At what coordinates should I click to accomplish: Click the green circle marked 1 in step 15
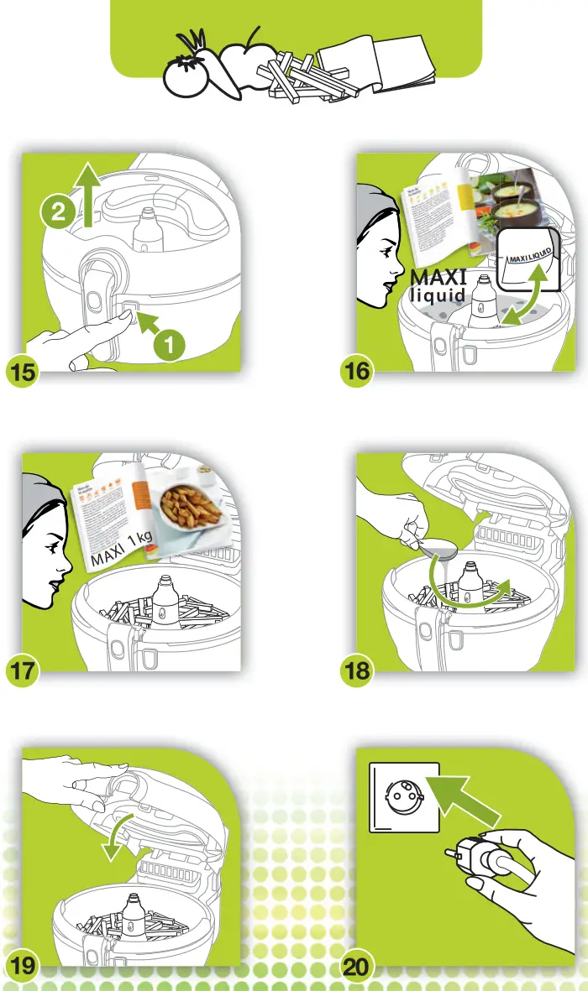click(169, 343)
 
